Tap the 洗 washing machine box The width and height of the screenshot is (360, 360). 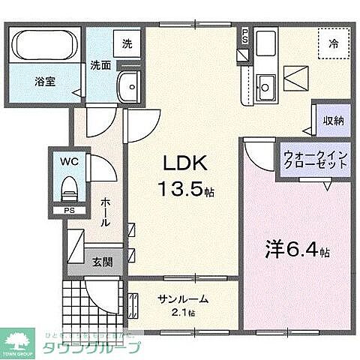127,43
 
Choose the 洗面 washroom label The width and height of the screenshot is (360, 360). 101,65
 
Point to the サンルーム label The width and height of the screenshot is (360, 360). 182,299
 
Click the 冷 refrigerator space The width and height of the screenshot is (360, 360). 331,43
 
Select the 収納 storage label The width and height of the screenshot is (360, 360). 334,120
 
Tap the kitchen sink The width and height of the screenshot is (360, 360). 265,82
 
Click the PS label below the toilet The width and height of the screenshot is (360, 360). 69,210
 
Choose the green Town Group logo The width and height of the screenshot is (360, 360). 22,341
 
